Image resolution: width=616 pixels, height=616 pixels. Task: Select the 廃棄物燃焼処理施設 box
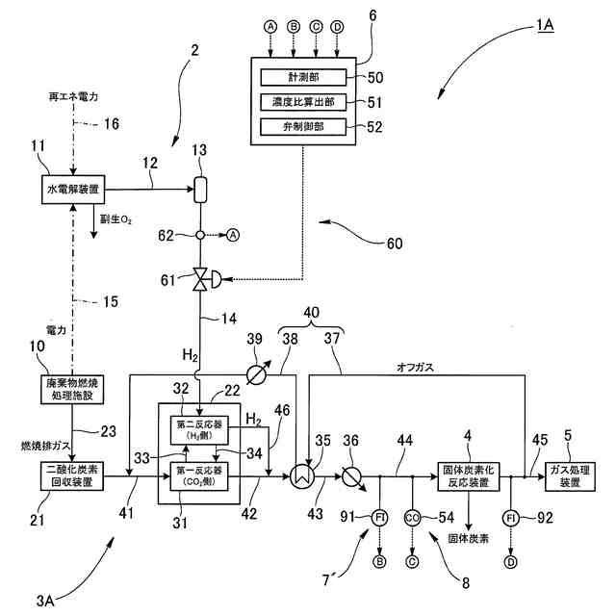coord(73,388)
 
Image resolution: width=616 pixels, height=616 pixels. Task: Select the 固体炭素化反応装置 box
coord(470,475)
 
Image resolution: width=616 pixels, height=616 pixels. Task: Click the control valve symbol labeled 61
coord(201,280)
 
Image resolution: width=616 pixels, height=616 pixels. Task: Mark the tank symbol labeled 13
coord(200,188)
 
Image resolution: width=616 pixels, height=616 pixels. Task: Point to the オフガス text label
coord(415,368)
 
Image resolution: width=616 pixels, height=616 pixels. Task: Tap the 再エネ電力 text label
coord(74,97)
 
